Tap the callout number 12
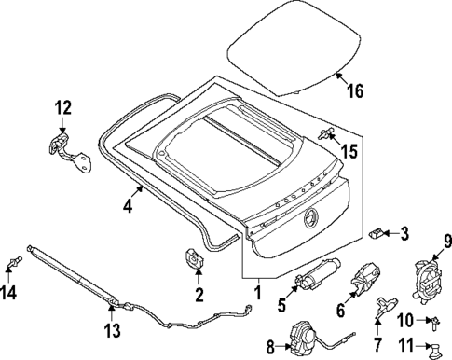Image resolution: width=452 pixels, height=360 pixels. click(62, 108)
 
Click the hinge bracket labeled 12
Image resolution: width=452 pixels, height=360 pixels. click(66, 149)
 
